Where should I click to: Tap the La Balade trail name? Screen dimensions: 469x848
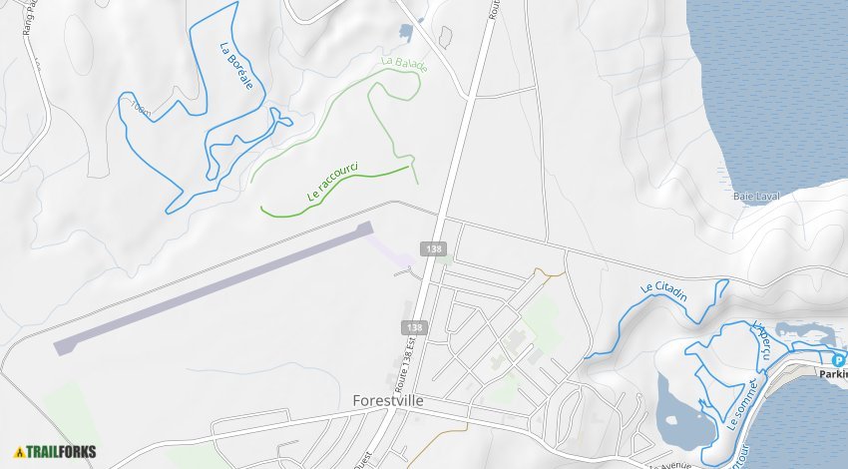click(404, 65)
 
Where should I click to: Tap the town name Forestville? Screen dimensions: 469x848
click(388, 400)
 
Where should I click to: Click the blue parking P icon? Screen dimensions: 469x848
click(838, 360)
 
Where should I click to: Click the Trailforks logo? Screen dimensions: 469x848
click(56, 451)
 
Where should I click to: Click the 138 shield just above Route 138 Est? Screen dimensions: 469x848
click(414, 326)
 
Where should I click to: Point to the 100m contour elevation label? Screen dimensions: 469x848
click(142, 111)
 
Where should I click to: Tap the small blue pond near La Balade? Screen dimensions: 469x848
click(406, 32)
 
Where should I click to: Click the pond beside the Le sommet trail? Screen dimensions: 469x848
click(683, 409)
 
